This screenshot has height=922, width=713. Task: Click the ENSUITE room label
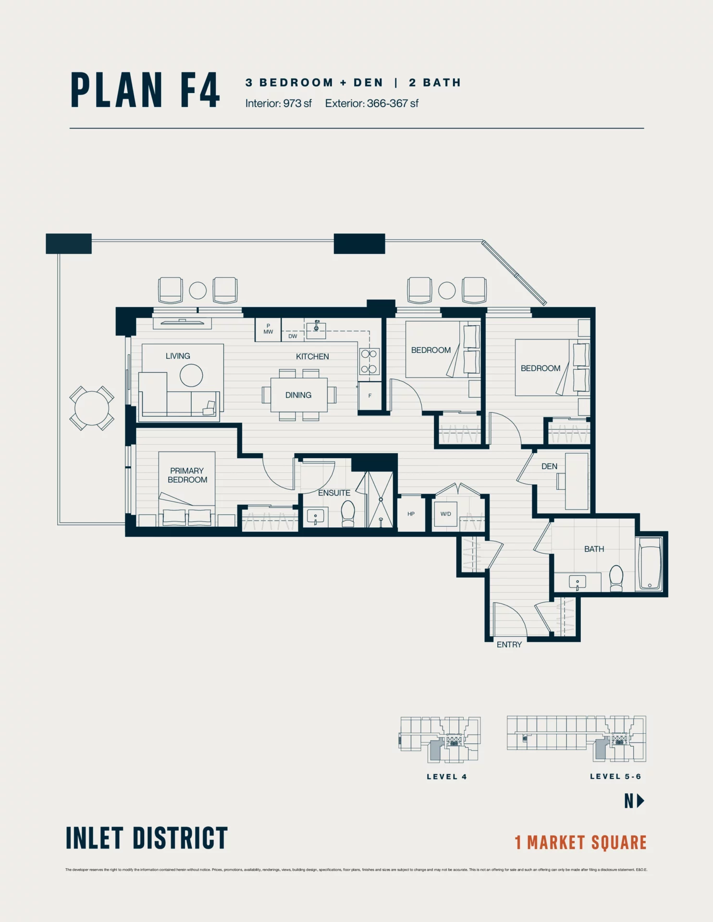[x=334, y=493]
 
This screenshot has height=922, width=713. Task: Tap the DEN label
[x=549, y=466]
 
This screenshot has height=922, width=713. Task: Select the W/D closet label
[x=445, y=514]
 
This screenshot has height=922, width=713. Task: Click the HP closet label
[x=411, y=514]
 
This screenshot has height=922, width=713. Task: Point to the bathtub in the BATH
[x=650, y=564]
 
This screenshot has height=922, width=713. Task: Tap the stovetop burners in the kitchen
[x=369, y=362]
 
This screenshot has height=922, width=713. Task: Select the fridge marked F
[x=369, y=396]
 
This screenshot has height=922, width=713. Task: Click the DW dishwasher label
[x=293, y=336]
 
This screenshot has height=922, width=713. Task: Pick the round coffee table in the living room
[x=191, y=375]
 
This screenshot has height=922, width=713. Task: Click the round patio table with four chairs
[x=91, y=408]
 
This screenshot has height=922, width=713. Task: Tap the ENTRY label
[x=509, y=644]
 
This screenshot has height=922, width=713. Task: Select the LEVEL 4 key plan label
[x=446, y=776]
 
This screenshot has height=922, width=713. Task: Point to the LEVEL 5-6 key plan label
[x=615, y=776]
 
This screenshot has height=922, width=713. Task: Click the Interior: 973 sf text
[x=278, y=103]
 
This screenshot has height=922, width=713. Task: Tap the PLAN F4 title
[x=145, y=90]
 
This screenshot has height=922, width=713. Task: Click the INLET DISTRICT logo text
[x=147, y=838]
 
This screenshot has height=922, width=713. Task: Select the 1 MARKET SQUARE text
[x=580, y=842]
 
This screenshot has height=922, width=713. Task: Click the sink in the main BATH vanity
[x=577, y=582]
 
